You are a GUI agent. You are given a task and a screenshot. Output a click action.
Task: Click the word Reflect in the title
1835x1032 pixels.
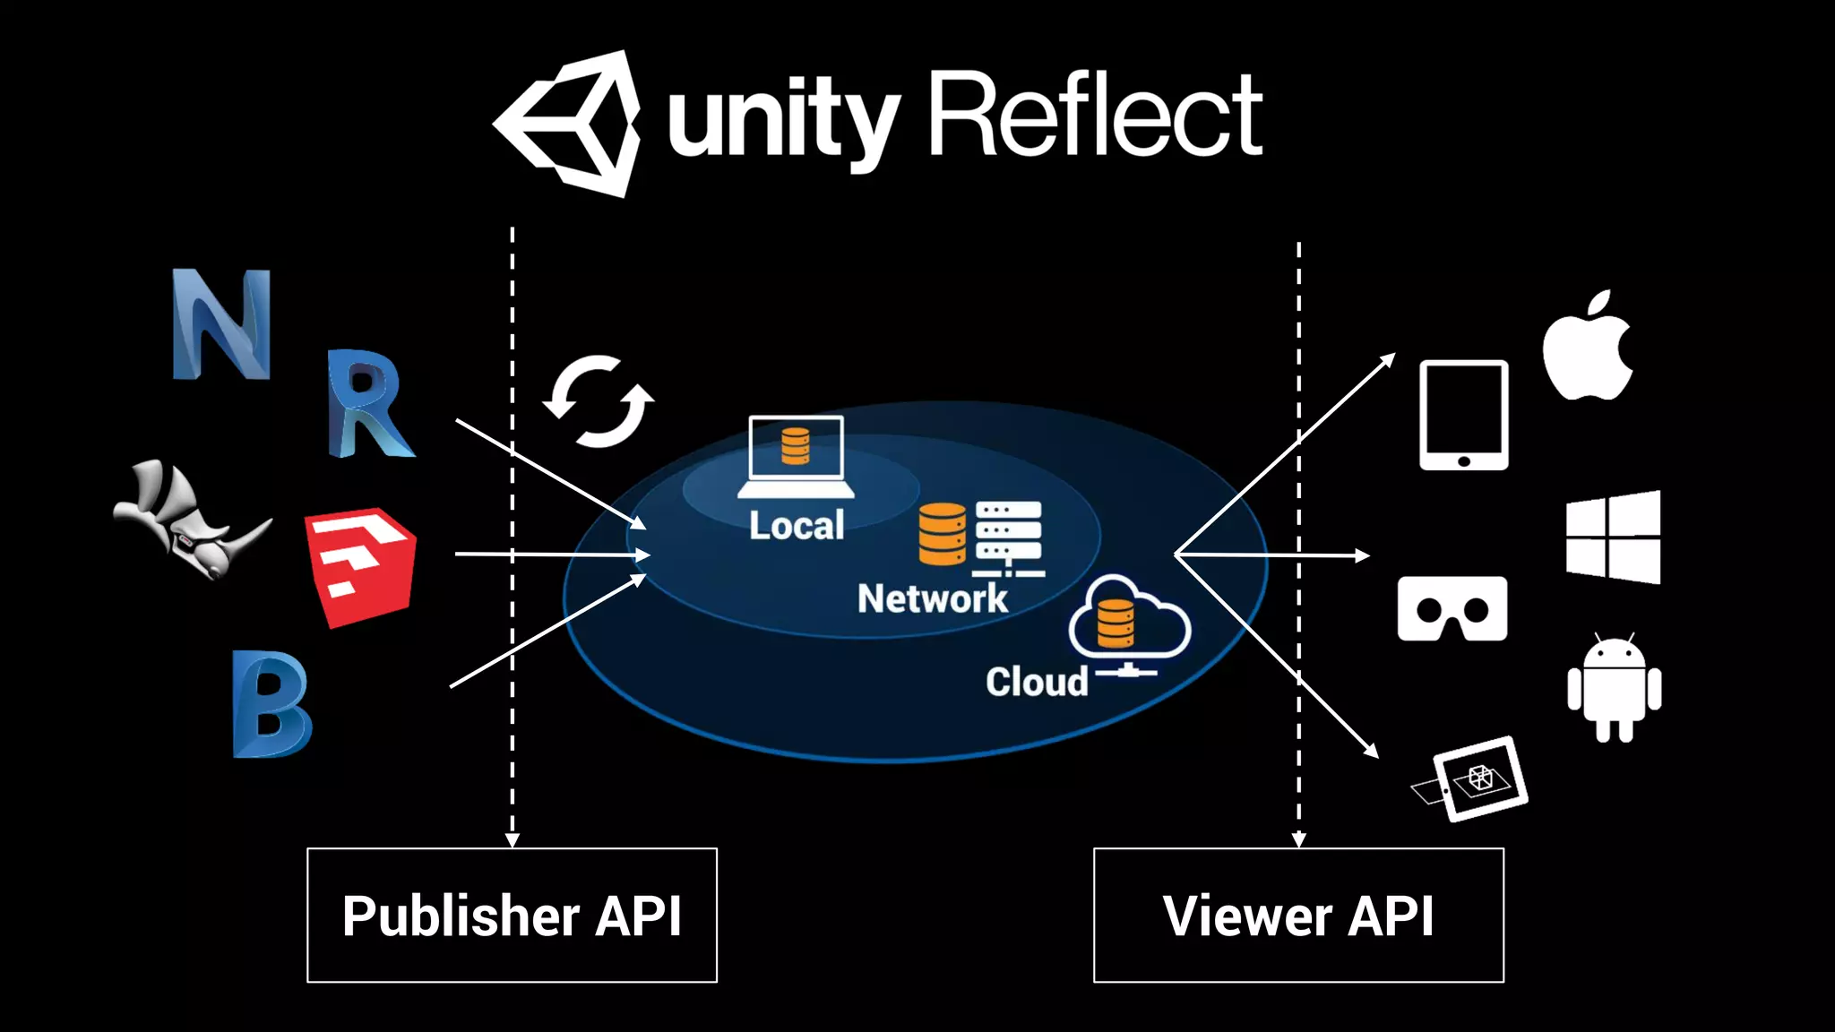click(1095, 116)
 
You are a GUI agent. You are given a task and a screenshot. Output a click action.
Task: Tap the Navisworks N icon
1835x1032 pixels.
click(221, 324)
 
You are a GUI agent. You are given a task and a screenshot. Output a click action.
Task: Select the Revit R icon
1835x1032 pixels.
click(367, 405)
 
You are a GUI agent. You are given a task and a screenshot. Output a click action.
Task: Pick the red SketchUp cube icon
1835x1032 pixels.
click(360, 566)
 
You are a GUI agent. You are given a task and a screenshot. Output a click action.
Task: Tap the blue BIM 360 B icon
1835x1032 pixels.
click(271, 705)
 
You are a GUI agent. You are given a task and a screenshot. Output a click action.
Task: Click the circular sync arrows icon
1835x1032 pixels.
click(599, 400)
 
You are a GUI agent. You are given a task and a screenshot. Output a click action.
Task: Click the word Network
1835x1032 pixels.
click(932, 598)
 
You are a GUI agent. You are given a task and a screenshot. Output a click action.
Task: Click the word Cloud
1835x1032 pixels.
click(1037, 682)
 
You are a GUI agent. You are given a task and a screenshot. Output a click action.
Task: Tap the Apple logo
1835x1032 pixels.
click(1588, 348)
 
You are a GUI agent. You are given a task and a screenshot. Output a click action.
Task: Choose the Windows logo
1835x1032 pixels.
click(1613, 537)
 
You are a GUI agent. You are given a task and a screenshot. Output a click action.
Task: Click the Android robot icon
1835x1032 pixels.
click(1614, 688)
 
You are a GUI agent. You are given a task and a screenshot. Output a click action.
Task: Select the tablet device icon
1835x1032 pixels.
click(1463, 416)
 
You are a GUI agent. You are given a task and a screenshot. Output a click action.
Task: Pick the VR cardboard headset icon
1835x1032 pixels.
click(1452, 609)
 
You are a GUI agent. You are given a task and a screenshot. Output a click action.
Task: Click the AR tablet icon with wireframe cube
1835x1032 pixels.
click(1476, 778)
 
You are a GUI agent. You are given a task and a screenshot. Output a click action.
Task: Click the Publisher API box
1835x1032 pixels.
click(512, 915)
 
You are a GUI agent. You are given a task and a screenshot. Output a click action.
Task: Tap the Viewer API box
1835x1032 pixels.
click(1298, 915)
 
